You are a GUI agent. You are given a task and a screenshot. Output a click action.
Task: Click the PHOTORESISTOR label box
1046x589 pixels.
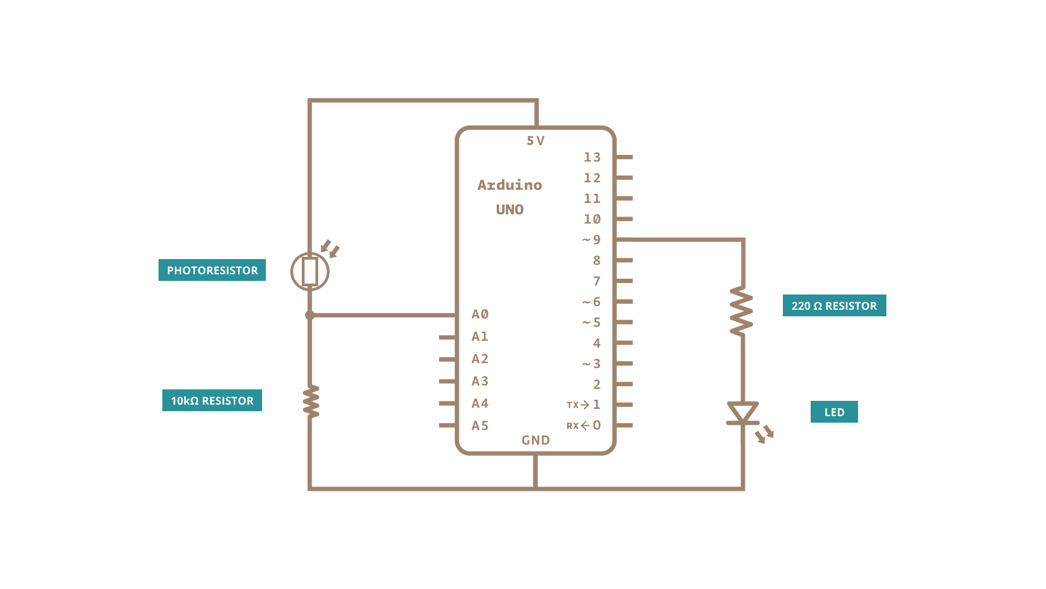[212, 270]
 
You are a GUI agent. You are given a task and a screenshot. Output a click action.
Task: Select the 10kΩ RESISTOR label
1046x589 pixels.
[212, 400]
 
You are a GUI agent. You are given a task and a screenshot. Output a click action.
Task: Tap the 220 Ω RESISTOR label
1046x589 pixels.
[834, 305]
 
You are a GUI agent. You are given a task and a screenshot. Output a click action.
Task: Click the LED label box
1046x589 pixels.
[834, 412]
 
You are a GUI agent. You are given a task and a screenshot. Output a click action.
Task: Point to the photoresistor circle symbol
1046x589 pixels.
[310, 272]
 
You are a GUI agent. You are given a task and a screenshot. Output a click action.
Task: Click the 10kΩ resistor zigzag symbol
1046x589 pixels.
[311, 401]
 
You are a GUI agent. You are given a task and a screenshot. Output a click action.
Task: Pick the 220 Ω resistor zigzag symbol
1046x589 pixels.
[741, 311]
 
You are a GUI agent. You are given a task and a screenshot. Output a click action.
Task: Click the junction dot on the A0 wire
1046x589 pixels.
[310, 315]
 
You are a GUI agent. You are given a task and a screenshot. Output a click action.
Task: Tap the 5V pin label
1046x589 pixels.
[536, 141]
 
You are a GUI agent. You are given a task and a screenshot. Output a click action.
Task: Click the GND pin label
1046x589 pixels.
[536, 440]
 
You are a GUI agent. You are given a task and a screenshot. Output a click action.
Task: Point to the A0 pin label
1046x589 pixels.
[480, 314]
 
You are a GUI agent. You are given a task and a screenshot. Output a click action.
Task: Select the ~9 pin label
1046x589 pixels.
[592, 240]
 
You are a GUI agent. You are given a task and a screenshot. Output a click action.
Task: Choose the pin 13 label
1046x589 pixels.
[592, 157]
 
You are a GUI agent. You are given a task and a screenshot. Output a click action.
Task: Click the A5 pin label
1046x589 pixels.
[480, 425]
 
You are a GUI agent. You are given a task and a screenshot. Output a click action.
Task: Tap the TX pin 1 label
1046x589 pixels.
[584, 405]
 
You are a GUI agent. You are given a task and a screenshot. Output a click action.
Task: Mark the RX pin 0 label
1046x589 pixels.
[584, 425]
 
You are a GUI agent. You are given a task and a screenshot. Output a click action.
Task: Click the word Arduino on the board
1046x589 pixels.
[510, 185]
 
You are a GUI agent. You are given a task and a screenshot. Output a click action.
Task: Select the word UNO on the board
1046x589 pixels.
[510, 209]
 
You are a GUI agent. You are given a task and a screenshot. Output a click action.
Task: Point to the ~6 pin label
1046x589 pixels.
[592, 302]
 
